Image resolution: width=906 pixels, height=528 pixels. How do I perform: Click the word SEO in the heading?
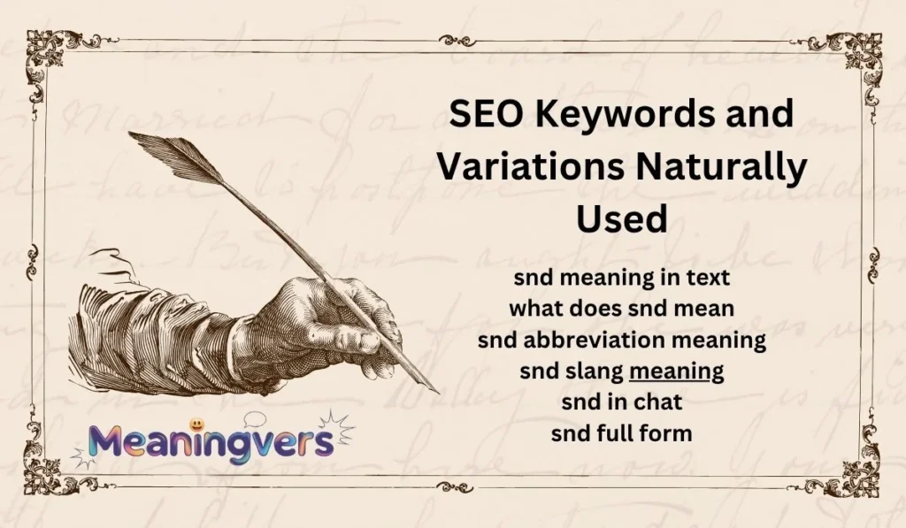477,116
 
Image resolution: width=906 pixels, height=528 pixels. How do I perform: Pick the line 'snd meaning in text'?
621,278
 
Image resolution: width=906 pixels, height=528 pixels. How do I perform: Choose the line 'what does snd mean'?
621,309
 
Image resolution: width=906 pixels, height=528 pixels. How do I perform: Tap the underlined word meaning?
676,371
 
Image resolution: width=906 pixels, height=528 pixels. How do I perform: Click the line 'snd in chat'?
621,402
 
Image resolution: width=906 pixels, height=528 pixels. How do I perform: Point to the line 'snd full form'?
621,433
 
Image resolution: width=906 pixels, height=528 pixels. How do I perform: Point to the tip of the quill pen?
434,390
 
